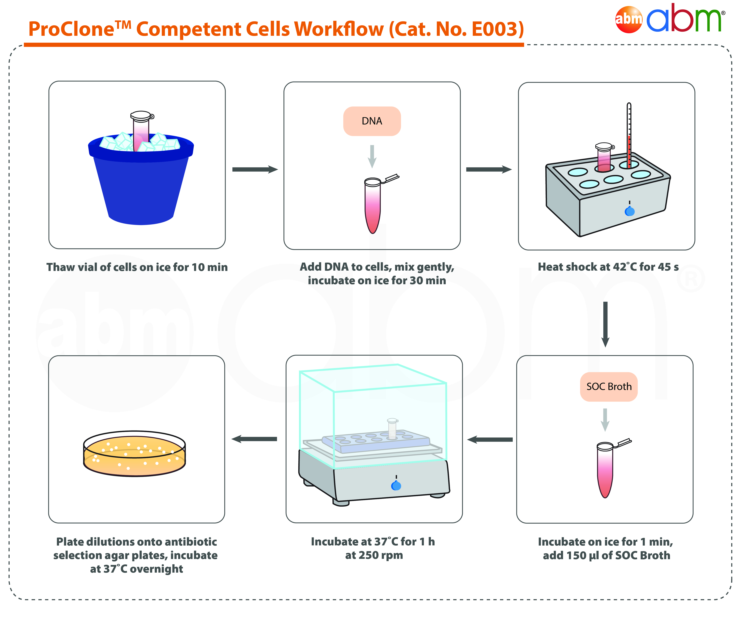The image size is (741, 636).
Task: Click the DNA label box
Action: (x=372, y=121)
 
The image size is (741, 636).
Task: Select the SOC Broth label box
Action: (x=609, y=387)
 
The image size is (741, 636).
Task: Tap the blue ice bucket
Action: (x=141, y=182)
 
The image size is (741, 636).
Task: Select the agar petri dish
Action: (x=135, y=454)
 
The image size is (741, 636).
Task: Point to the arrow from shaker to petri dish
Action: (x=254, y=439)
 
